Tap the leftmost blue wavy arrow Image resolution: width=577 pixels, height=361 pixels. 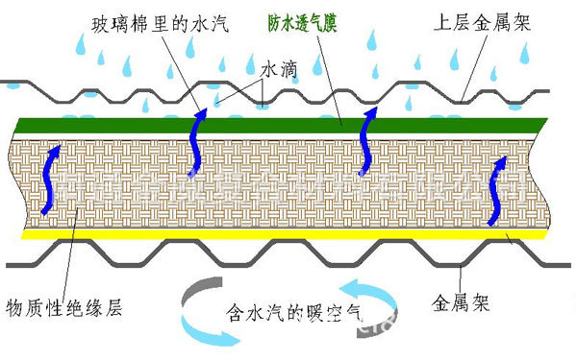52,169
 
